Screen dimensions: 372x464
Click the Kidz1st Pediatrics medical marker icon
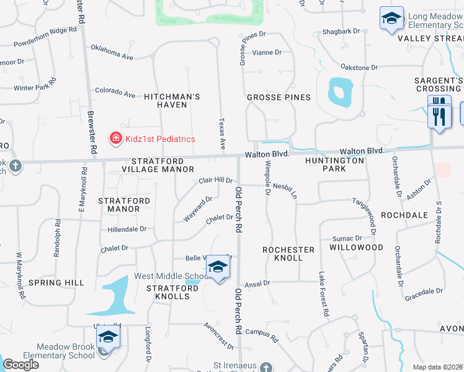click(115, 139)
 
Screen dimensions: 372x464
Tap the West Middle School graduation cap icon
click(218, 267)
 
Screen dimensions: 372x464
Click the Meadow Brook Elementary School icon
click(108, 337)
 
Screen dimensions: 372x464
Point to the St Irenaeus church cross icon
click(265, 367)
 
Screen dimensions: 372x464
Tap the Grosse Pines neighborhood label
click(279, 97)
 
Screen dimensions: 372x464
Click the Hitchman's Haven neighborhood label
click(172, 100)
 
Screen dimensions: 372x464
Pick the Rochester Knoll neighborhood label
click(288, 249)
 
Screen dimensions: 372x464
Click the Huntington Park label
click(334, 164)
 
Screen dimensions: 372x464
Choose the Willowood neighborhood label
click(356, 247)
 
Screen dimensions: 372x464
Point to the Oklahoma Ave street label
click(112, 52)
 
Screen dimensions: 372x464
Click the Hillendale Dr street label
click(127, 229)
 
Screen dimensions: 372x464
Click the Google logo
click(20, 365)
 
